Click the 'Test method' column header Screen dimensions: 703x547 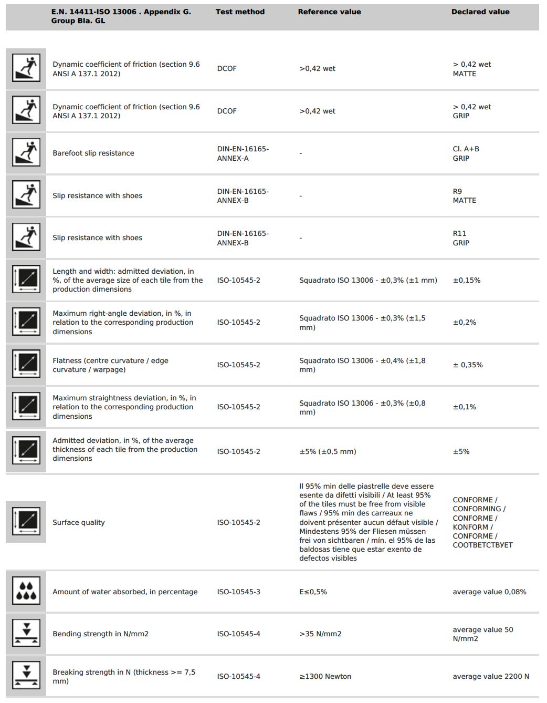240,12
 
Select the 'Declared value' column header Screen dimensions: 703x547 480,12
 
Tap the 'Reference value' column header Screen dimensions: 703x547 329,12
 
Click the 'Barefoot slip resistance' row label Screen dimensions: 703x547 93,153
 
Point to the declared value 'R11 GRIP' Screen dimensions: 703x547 461,238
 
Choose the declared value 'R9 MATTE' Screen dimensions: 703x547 464,196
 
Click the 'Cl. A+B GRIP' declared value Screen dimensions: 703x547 466,153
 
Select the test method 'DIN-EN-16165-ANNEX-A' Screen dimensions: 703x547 243,153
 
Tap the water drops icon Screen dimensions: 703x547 26,591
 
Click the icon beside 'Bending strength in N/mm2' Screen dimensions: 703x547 26,633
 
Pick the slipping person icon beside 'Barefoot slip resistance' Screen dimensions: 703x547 26,153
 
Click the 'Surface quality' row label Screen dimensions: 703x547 79,523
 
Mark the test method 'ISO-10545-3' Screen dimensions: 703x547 238,592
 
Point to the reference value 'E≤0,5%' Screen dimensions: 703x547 313,592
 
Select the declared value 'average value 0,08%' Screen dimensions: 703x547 489,592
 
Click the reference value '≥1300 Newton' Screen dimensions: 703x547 325,677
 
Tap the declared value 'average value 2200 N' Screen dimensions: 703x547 491,677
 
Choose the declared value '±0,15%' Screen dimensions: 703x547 467,281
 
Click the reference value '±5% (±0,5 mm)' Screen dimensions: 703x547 328,452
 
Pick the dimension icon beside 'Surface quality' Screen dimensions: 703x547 26,521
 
